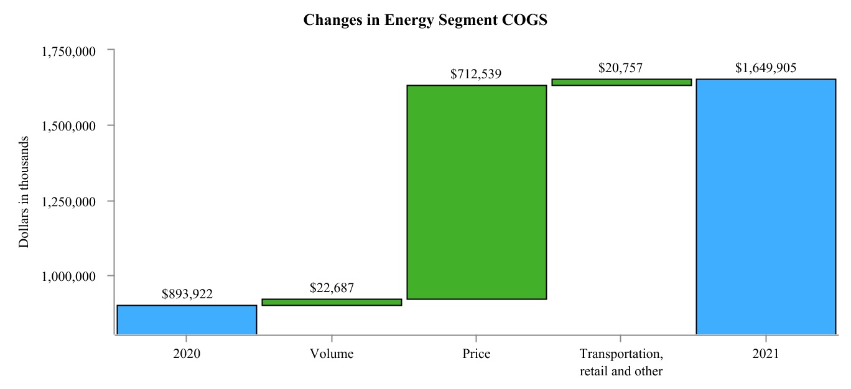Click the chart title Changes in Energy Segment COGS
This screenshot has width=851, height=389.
[x=425, y=20]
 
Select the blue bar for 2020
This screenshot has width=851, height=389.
[x=187, y=319]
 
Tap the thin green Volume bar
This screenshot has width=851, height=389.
[x=332, y=302]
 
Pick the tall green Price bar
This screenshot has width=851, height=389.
[x=477, y=192]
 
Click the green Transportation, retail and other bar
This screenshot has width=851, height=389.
[x=621, y=82]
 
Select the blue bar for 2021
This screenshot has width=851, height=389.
[x=765, y=206]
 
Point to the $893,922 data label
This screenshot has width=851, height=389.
[x=187, y=295]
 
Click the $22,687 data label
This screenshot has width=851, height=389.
[x=332, y=288]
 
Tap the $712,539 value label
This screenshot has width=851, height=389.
[x=477, y=75]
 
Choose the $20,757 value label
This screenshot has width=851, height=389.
[x=621, y=68]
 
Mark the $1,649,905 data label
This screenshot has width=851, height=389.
[x=765, y=68]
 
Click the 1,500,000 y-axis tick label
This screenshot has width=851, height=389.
[x=68, y=126]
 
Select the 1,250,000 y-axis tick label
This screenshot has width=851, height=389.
[x=68, y=201]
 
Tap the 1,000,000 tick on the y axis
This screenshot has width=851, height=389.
[x=68, y=276]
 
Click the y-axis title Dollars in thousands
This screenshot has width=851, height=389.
[x=24, y=192]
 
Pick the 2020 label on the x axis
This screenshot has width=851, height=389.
[x=187, y=354]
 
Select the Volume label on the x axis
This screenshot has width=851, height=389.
[x=332, y=354]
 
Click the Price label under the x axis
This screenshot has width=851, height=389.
[x=477, y=354]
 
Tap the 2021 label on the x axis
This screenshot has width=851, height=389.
[x=765, y=354]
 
